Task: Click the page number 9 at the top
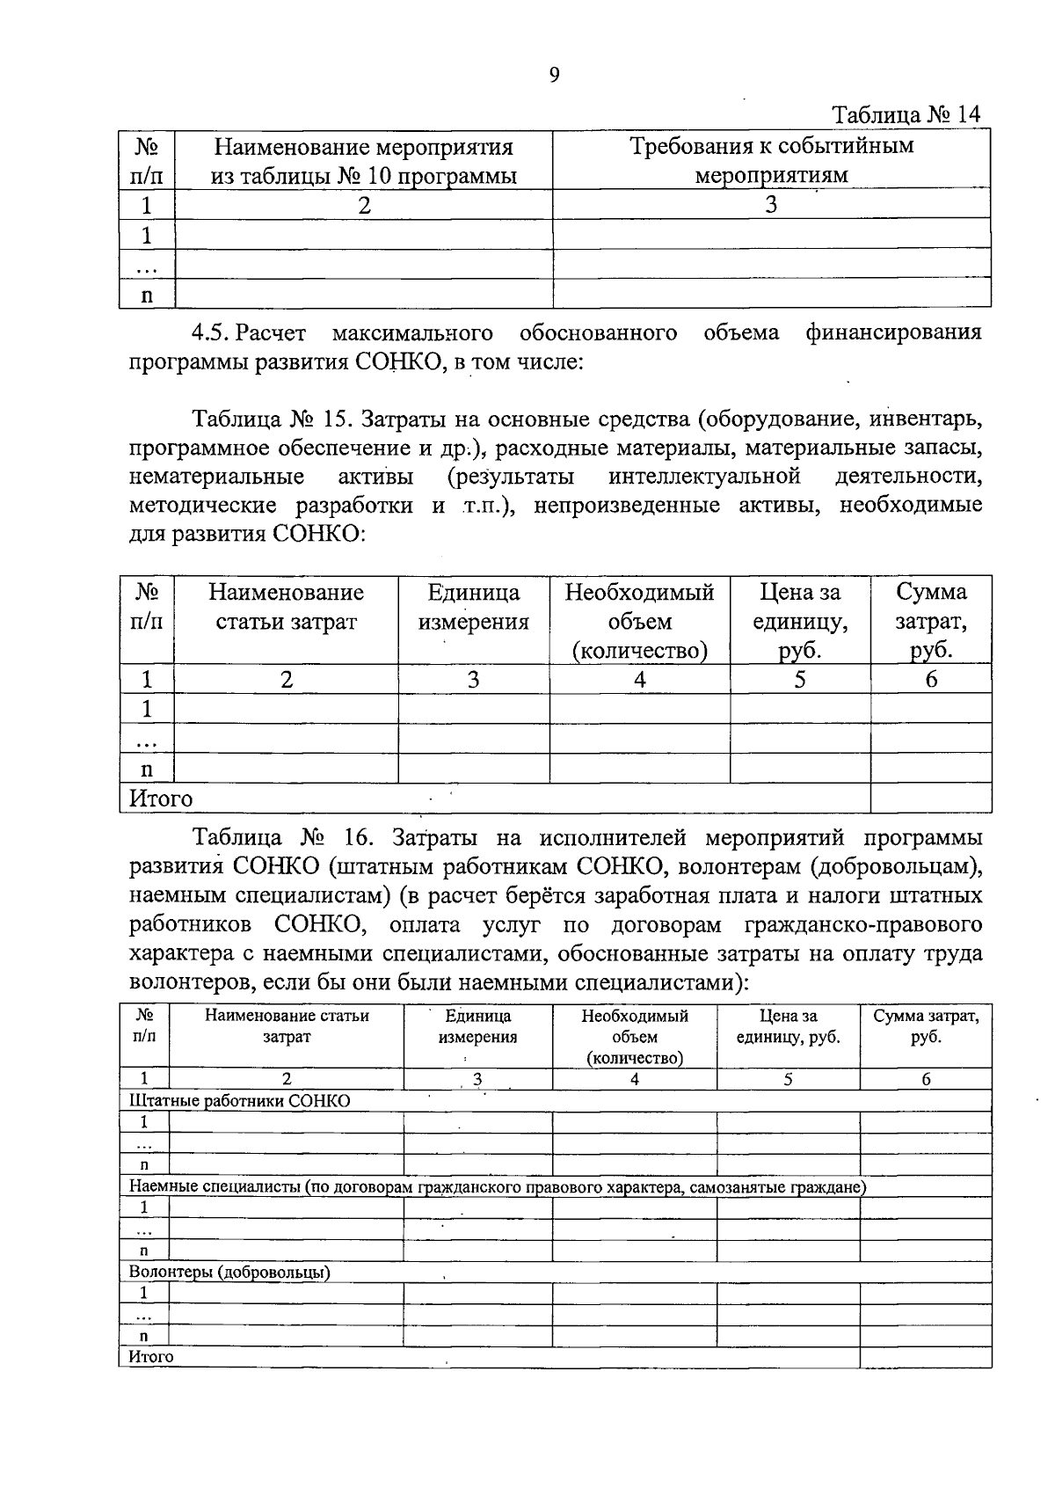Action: (554, 75)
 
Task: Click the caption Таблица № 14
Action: (906, 115)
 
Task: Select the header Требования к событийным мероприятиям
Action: (771, 160)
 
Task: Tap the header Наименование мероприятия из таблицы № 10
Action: (363, 160)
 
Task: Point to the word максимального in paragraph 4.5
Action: (412, 333)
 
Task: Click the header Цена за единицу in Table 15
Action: (799, 621)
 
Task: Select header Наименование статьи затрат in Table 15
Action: (286, 607)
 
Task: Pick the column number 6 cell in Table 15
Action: (931, 680)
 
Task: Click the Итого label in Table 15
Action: (161, 799)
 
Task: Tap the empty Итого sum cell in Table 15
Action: (930, 799)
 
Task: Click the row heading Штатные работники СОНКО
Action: (239, 1101)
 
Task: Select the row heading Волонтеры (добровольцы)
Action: (229, 1272)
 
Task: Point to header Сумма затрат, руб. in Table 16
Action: (926, 1026)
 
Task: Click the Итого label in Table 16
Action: (151, 1357)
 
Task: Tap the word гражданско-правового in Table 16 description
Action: (862, 925)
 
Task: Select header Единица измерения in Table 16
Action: (477, 1026)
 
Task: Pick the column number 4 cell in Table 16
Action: (634, 1079)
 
